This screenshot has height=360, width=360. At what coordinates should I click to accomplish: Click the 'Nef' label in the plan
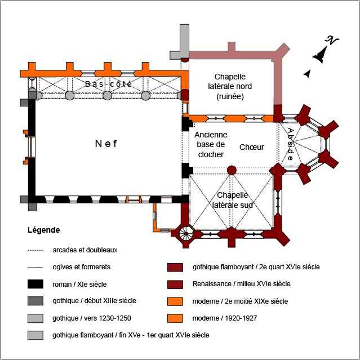[x=105, y=144]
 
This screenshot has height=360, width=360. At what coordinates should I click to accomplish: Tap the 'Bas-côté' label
[x=109, y=85]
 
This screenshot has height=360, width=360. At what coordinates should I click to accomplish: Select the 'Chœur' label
[x=251, y=147]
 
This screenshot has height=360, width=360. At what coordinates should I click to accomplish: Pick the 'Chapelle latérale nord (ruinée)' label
[x=233, y=86]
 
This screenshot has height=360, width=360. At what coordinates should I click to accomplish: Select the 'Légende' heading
[x=43, y=230]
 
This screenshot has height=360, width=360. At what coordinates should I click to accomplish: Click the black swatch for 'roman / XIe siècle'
[x=35, y=284]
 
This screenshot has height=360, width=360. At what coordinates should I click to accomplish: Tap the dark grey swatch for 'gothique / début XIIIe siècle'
[x=35, y=301]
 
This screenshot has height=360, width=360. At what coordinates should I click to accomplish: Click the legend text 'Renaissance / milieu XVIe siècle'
[x=241, y=284]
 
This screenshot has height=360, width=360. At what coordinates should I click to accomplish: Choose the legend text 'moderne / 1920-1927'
[x=224, y=318]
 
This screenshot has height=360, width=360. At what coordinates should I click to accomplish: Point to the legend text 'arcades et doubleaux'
[x=85, y=250]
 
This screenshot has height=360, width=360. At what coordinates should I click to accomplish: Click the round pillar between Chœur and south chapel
[x=231, y=170]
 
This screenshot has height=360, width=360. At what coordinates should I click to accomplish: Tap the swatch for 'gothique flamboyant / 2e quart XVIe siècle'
[x=176, y=267]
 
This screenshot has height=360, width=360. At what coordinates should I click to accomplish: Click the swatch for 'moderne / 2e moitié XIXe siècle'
[x=176, y=301]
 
